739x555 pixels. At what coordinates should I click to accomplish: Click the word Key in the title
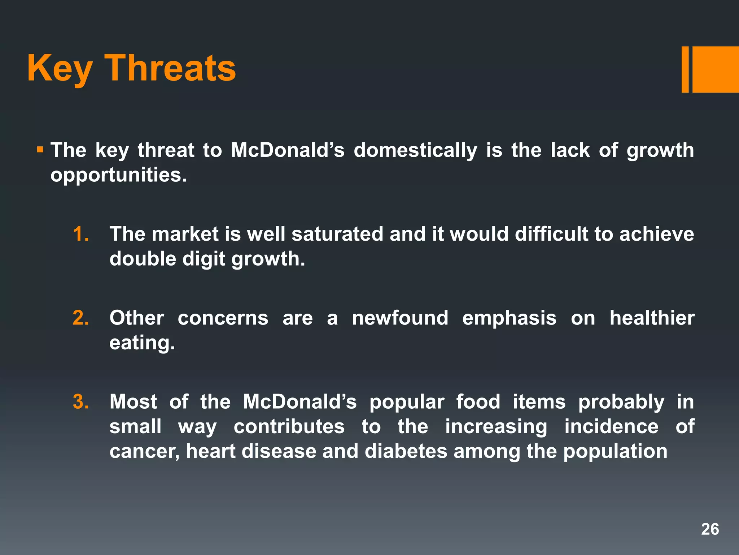(60, 69)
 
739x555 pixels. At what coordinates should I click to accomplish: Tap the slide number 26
(710, 529)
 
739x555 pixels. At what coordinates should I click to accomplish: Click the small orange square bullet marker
(40, 149)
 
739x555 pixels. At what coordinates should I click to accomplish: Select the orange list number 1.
(80, 234)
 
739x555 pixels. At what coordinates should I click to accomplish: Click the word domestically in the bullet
(415, 150)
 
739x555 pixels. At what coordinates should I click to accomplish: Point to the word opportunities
(118, 175)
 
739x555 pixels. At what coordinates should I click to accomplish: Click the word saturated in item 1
(337, 234)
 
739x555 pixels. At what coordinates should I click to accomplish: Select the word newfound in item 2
(400, 318)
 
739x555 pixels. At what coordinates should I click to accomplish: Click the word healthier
(652, 318)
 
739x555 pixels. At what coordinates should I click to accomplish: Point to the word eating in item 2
(142, 343)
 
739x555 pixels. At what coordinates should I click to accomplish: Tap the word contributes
(289, 427)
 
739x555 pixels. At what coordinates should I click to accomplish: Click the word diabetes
(406, 451)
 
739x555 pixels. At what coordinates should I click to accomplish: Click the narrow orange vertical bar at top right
(685, 69)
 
